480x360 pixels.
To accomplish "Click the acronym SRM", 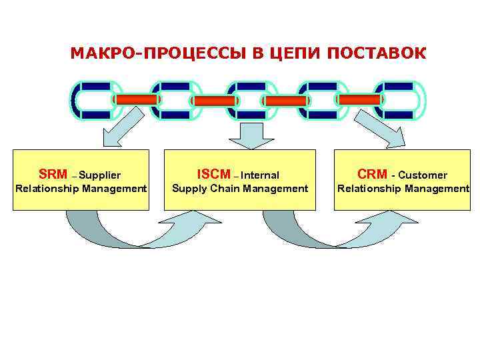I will [53, 175].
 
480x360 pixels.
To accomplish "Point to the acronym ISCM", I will [213, 175].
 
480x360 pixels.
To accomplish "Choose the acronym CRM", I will [372, 175].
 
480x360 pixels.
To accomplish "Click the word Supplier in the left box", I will [99, 175].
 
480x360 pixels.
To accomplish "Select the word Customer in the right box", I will [423, 175].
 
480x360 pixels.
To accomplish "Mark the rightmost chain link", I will [399, 100].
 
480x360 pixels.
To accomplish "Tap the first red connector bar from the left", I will [137, 99].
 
